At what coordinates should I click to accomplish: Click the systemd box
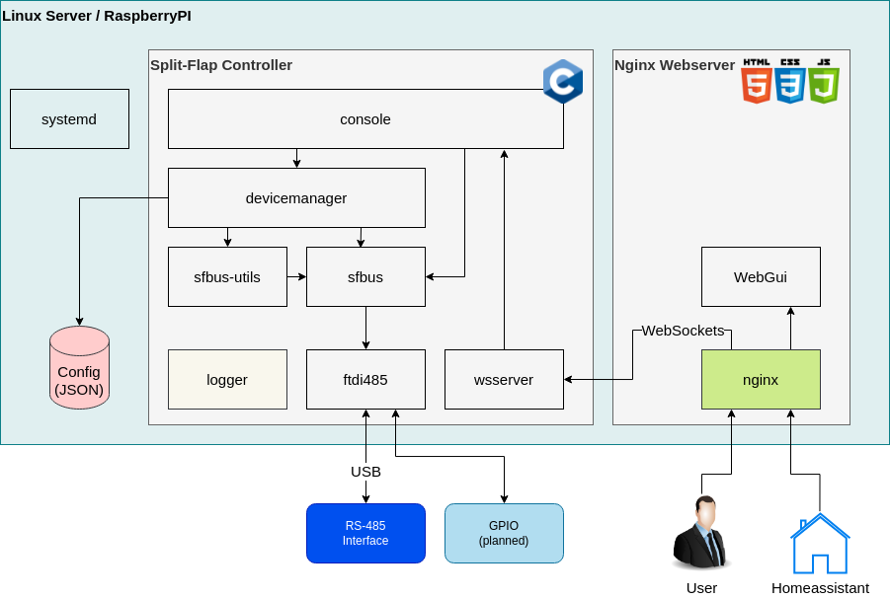(69, 118)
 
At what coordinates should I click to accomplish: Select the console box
(365, 118)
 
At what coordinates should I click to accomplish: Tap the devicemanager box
(296, 197)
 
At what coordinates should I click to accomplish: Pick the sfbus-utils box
(227, 276)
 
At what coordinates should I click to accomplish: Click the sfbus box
(365, 276)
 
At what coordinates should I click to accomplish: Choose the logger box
(227, 379)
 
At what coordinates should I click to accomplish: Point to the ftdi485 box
(365, 379)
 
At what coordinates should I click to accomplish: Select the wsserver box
(504, 379)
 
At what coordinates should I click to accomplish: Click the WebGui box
(761, 276)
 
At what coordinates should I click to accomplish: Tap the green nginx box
(761, 379)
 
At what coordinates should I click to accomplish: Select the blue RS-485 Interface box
(365, 533)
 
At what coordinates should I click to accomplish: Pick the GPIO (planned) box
(504, 533)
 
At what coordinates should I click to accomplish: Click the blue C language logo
(563, 81)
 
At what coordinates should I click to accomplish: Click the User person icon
(701, 533)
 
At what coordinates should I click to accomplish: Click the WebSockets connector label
(683, 330)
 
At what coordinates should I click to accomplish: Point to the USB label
(365, 472)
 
